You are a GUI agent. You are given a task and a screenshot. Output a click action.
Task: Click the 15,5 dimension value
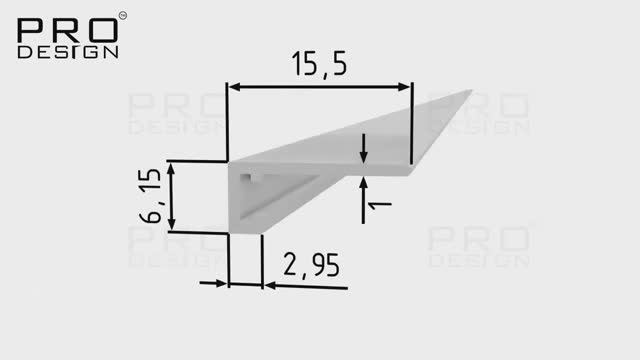320,67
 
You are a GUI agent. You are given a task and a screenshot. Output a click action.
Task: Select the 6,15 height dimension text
151,197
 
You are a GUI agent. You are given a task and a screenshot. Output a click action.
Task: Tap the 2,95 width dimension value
311,265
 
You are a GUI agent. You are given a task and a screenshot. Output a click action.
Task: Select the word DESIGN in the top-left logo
68,51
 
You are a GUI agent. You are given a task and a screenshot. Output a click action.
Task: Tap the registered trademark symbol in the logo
122,15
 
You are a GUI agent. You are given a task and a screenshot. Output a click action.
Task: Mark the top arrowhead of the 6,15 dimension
171,169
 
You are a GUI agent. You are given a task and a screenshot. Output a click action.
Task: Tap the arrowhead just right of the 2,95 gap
271,285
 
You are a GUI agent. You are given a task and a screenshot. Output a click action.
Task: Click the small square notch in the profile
249,179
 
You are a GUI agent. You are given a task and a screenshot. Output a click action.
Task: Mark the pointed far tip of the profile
468,92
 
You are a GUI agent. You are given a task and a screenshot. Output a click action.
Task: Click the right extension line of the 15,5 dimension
411,125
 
